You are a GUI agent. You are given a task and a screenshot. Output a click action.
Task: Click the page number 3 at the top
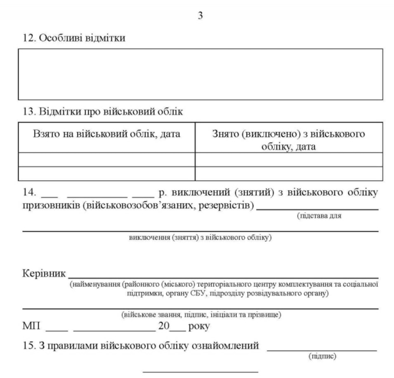pyautogui.click(x=200, y=16)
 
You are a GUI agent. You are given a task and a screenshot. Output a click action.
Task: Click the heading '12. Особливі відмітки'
pyautogui.click(x=74, y=38)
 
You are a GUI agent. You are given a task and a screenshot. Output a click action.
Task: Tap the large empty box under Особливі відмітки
pyautogui.click(x=200, y=74)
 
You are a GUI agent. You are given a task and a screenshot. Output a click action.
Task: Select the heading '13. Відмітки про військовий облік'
pyautogui.click(x=103, y=112)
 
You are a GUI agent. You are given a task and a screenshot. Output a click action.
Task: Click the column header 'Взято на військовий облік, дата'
pyautogui.click(x=106, y=134)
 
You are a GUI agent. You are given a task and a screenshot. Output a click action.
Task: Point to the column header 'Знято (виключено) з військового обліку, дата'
pyautogui.click(x=288, y=140)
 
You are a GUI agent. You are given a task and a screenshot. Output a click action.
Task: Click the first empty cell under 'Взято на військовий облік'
pyautogui.click(x=106, y=160)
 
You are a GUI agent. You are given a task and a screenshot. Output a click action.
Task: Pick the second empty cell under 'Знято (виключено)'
pyautogui.click(x=288, y=174)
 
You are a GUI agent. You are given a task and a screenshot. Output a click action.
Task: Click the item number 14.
pyautogui.click(x=30, y=193)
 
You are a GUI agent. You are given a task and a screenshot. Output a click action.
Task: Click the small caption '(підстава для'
pyautogui.click(x=319, y=216)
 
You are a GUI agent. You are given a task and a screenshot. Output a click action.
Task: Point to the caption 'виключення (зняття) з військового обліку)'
pyautogui.click(x=200, y=238)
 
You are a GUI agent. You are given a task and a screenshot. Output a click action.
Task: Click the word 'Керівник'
pyautogui.click(x=44, y=274)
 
